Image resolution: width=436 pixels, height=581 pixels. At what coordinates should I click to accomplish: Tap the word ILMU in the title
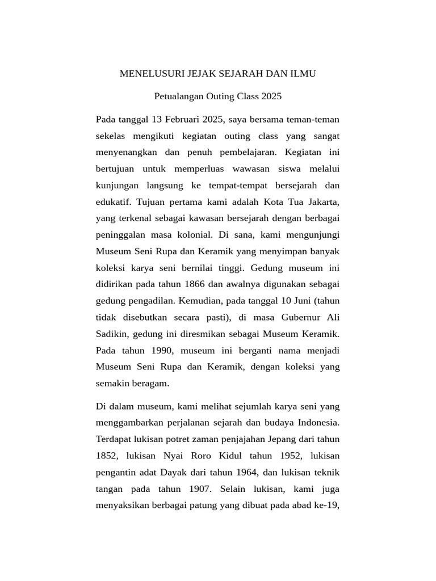(302, 74)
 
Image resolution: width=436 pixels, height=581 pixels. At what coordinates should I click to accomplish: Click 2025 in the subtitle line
(271, 96)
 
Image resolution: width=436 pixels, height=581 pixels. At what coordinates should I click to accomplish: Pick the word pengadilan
(151, 300)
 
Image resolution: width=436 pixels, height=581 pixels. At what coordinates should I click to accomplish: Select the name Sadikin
(111, 333)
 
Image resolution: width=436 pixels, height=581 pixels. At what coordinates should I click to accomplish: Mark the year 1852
(107, 456)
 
